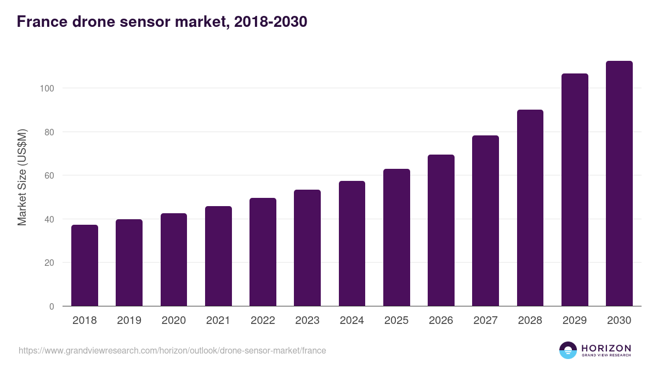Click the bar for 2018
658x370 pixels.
click(x=84, y=265)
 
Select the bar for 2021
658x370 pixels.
click(x=218, y=256)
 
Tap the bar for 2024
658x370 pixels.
click(x=352, y=243)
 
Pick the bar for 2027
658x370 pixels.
click(x=485, y=221)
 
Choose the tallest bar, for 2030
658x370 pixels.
click(x=619, y=184)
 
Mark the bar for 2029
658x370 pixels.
click(x=575, y=190)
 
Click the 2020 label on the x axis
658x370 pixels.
click(x=174, y=321)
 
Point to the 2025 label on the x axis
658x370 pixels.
click(x=396, y=321)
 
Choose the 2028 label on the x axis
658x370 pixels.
click(x=530, y=321)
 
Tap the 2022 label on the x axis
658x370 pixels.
click(x=263, y=321)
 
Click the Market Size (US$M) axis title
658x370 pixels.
click(x=22, y=177)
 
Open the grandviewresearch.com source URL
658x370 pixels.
click(x=172, y=350)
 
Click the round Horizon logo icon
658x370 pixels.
click(x=568, y=350)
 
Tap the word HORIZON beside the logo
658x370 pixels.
click(x=606, y=348)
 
